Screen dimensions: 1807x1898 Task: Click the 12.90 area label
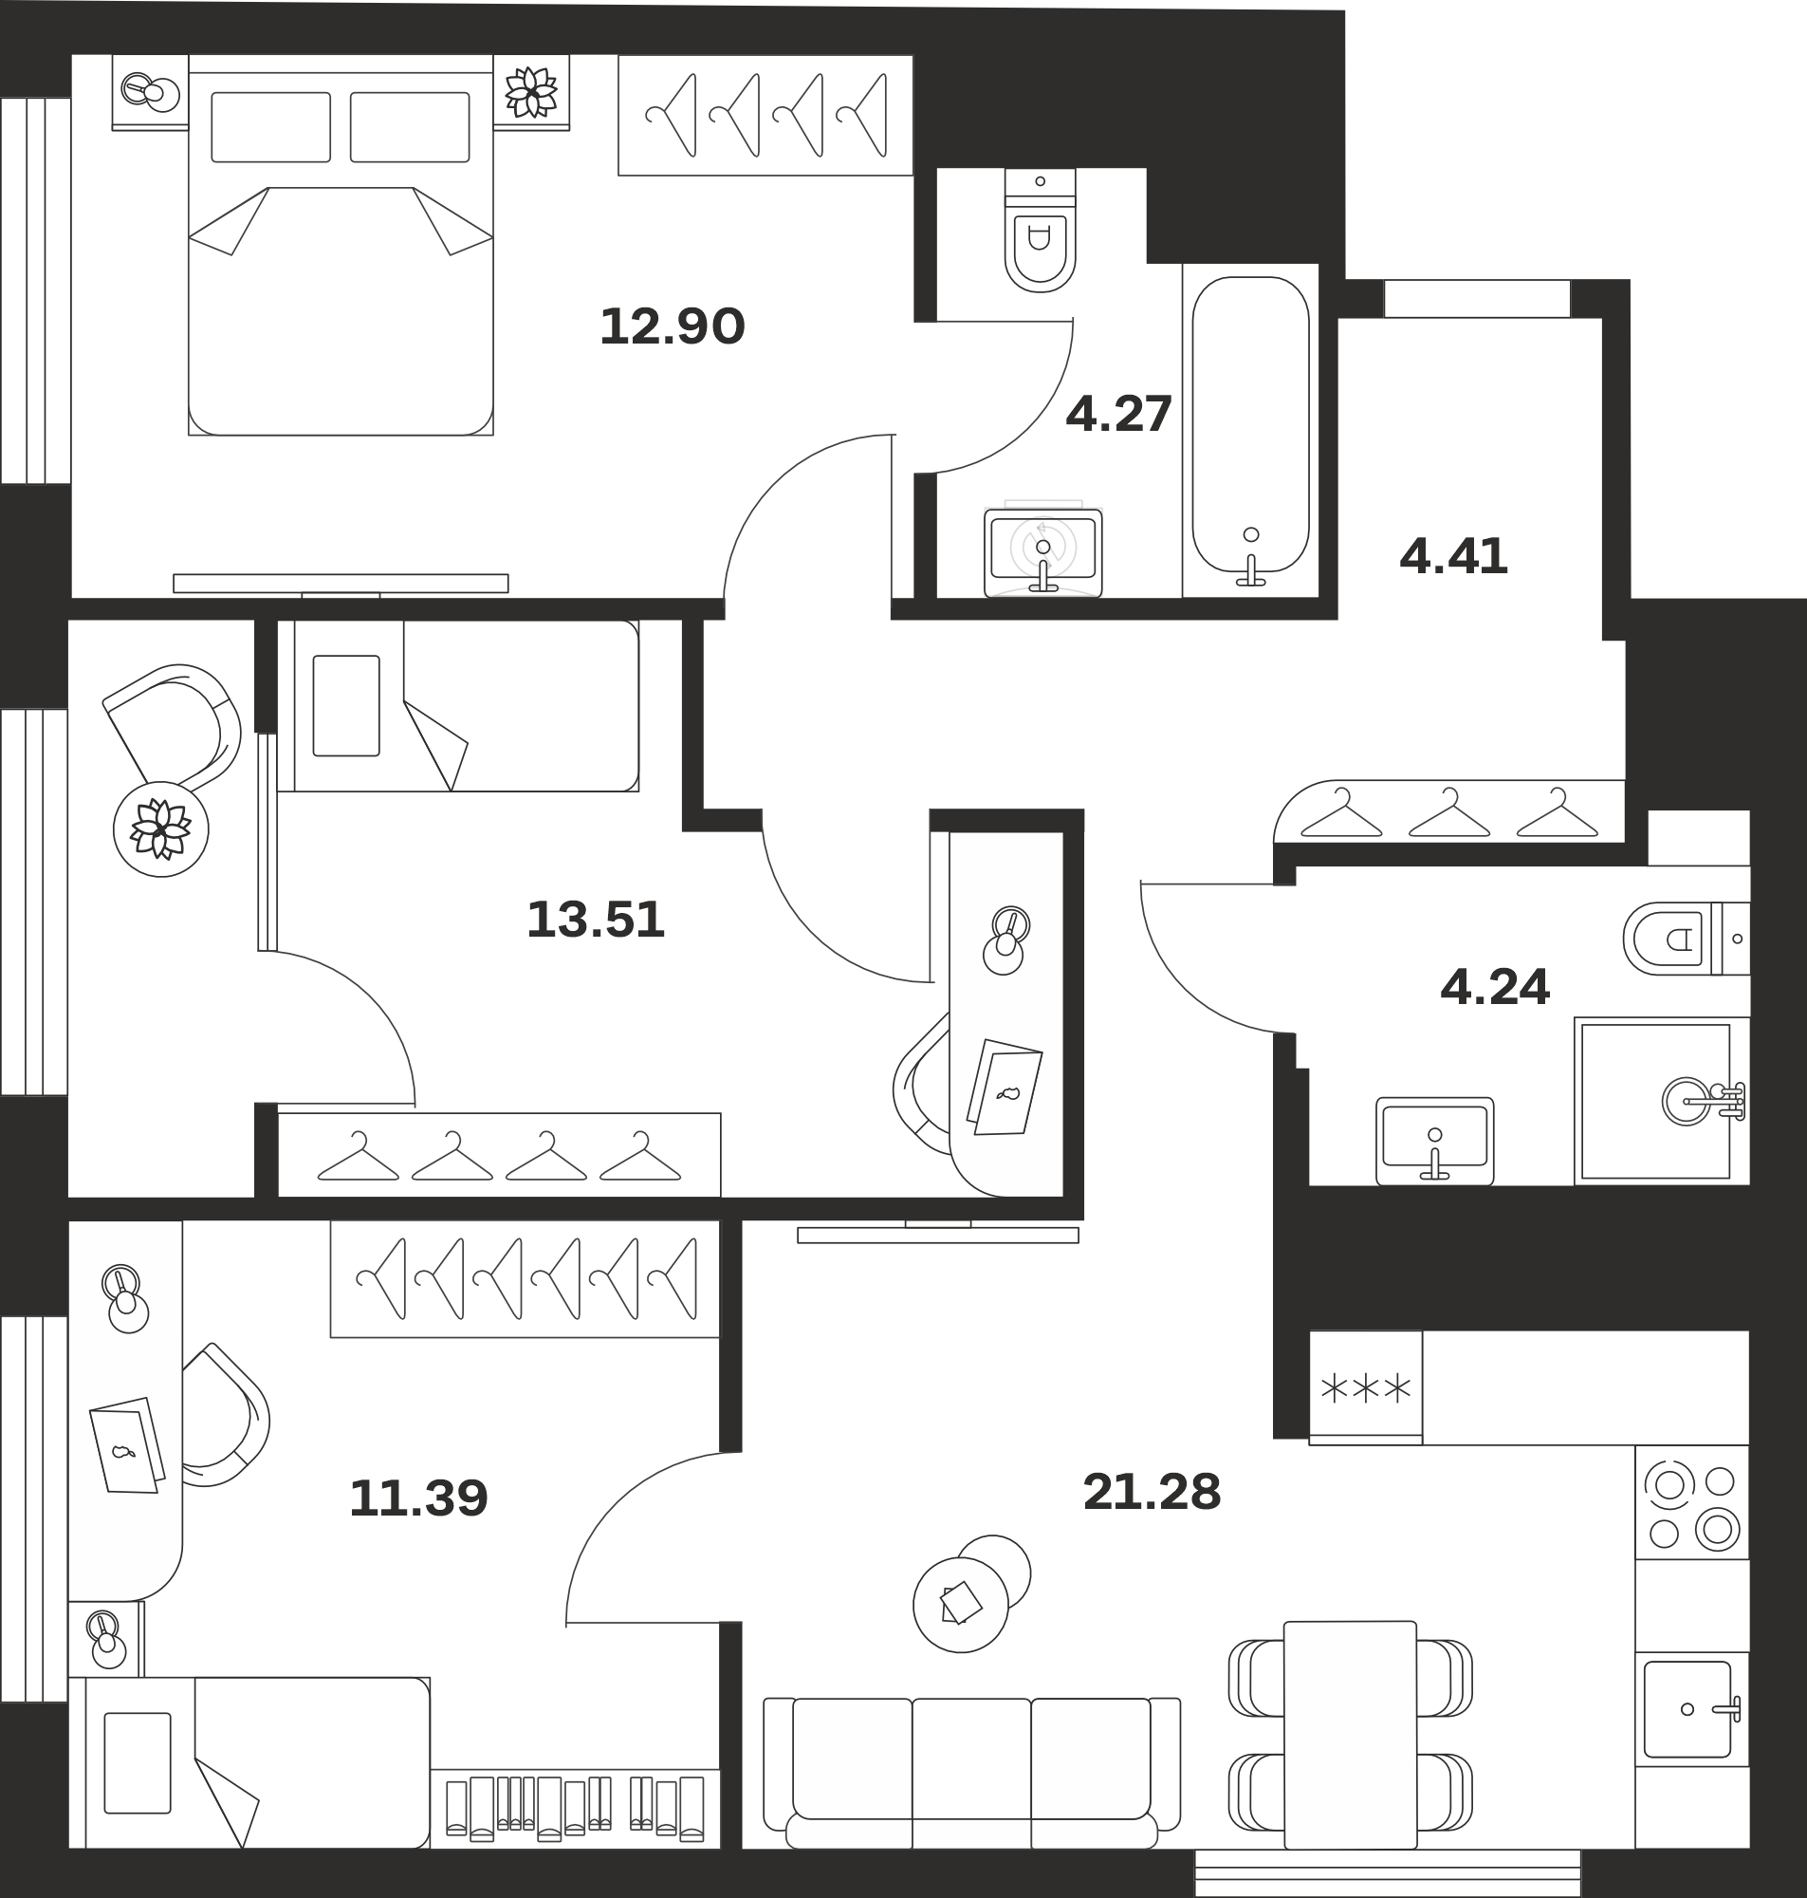coord(673,326)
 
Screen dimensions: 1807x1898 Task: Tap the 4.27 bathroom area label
coord(1118,415)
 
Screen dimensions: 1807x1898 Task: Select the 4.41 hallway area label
coord(1452,557)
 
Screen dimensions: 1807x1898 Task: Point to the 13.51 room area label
coord(596,920)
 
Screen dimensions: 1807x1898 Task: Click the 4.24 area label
coord(1494,987)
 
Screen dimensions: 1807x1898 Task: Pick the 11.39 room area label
coord(418,1498)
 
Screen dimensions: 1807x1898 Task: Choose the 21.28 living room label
coord(1151,1493)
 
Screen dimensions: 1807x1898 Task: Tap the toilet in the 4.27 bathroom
coord(1040,231)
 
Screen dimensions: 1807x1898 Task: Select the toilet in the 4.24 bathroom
coord(1686,939)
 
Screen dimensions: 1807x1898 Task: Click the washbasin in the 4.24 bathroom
coord(1434,1141)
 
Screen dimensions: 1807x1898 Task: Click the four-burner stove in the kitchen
coord(1691,1503)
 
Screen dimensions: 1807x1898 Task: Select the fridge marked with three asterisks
coord(1365,1387)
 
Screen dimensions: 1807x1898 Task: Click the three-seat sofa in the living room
coord(971,1774)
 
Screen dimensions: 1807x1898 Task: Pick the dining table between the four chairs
coord(1350,1735)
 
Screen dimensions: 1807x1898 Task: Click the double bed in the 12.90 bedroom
coord(340,245)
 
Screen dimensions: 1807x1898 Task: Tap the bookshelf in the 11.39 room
coord(575,1809)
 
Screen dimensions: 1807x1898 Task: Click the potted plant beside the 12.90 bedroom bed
coord(532,92)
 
